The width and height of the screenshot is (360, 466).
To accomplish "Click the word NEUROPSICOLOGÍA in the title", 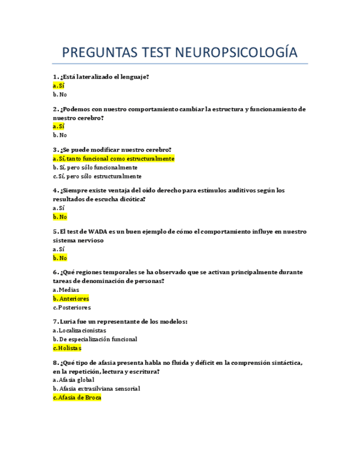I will (x=236, y=53).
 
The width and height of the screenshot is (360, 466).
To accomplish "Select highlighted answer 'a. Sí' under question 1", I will (x=59, y=86).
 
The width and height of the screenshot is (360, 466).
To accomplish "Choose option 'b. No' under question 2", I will (x=60, y=135).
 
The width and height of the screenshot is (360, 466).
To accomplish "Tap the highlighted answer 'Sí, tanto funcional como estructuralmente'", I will (x=114, y=159).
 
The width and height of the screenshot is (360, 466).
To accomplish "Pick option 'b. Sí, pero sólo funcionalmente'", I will (x=95, y=168).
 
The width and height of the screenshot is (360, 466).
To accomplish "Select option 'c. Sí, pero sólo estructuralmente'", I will (x=97, y=176).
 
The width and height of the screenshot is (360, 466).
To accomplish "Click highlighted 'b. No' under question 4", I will (x=60, y=217).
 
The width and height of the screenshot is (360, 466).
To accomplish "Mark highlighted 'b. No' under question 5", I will (x=60, y=258).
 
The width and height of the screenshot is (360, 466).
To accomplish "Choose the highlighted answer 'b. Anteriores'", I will (x=71, y=298).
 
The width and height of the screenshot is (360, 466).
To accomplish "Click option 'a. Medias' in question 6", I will (x=66, y=290).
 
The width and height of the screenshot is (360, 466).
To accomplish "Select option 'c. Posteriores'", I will (x=72, y=308).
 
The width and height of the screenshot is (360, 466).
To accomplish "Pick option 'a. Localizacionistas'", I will (x=80, y=330).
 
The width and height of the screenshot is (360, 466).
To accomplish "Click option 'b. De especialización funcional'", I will (x=95, y=339).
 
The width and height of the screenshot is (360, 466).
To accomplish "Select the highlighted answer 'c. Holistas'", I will (x=67, y=348).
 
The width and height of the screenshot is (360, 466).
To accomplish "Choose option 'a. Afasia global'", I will (x=74, y=380).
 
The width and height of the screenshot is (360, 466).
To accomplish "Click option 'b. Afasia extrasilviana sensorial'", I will (x=96, y=389).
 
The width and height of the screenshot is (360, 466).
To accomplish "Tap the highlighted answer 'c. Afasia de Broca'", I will (x=77, y=397).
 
